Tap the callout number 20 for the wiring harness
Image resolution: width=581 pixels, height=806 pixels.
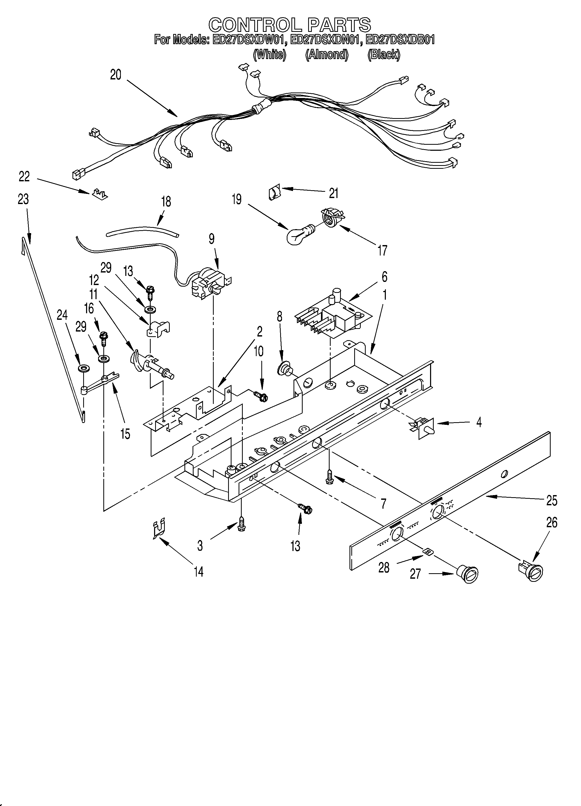coord(116,75)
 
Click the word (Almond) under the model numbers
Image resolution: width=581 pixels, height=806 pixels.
coord(327,54)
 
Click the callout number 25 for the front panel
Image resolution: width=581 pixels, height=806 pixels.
coord(551,500)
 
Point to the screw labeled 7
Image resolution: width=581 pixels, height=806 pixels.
coord(329,476)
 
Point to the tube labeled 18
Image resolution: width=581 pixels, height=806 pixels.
coord(142,231)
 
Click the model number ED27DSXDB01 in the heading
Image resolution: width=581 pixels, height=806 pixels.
coord(400,39)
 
